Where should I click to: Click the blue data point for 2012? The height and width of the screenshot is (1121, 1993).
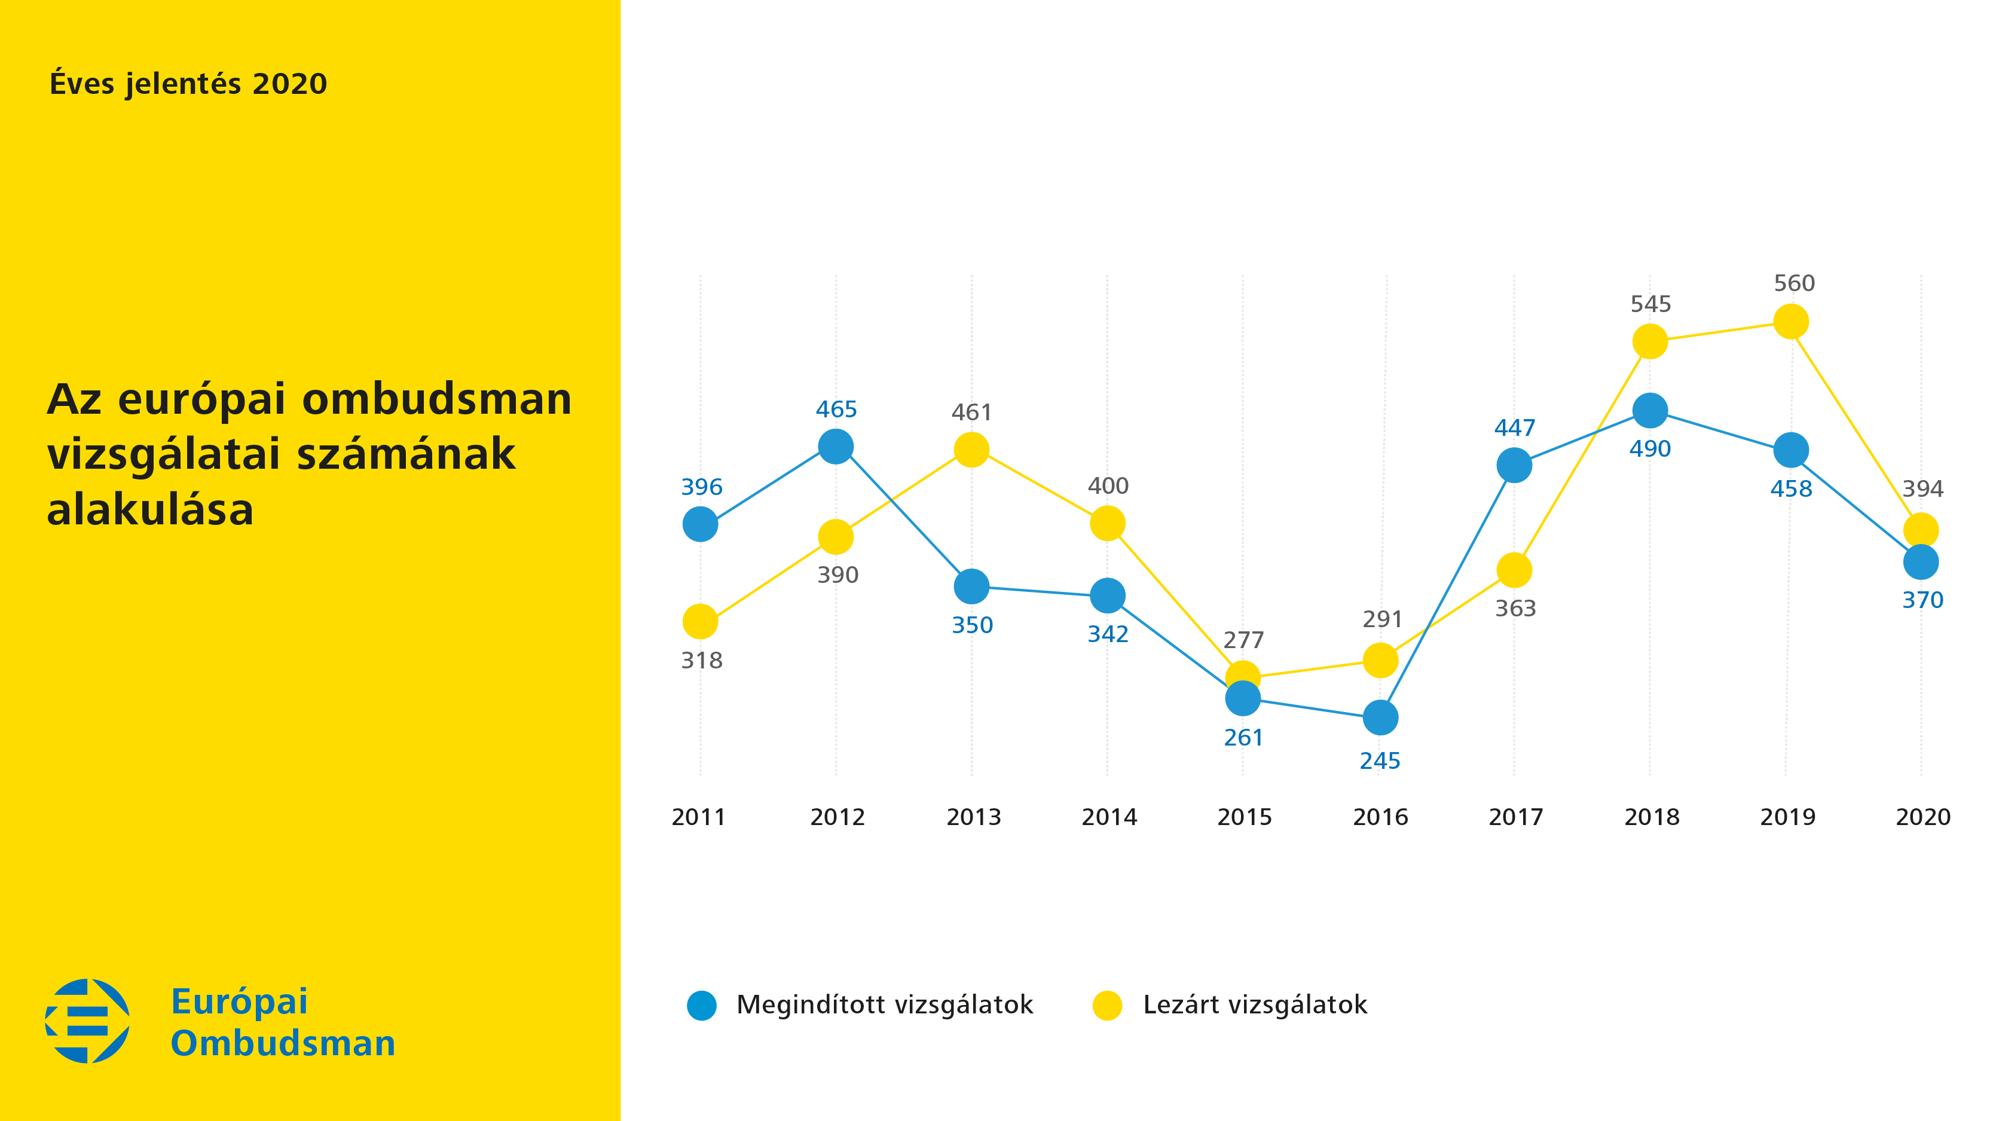(x=836, y=447)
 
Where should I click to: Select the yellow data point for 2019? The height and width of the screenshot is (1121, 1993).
(x=1790, y=321)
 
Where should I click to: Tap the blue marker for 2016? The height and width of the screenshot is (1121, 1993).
(x=1380, y=718)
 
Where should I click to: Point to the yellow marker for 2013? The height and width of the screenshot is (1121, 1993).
(x=972, y=450)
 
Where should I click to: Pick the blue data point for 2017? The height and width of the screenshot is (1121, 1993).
(x=1514, y=465)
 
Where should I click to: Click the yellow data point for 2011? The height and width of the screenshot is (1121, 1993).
(x=700, y=621)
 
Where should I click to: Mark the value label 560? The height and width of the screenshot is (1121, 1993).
(x=1794, y=283)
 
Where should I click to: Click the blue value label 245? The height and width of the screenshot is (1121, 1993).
(x=1380, y=761)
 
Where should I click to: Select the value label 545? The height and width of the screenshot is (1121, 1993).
(x=1651, y=304)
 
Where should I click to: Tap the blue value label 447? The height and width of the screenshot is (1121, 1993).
(x=1515, y=428)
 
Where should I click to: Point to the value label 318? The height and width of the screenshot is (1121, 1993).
(x=702, y=661)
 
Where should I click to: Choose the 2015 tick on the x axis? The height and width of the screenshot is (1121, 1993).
(x=1245, y=817)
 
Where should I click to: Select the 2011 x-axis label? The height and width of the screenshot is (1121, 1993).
(x=699, y=817)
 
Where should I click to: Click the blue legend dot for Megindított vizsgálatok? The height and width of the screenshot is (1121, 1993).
(x=702, y=1005)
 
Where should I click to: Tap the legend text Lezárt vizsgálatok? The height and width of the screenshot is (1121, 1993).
(x=1255, y=1004)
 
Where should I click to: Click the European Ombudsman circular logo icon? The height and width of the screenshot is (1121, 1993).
(x=87, y=1021)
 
